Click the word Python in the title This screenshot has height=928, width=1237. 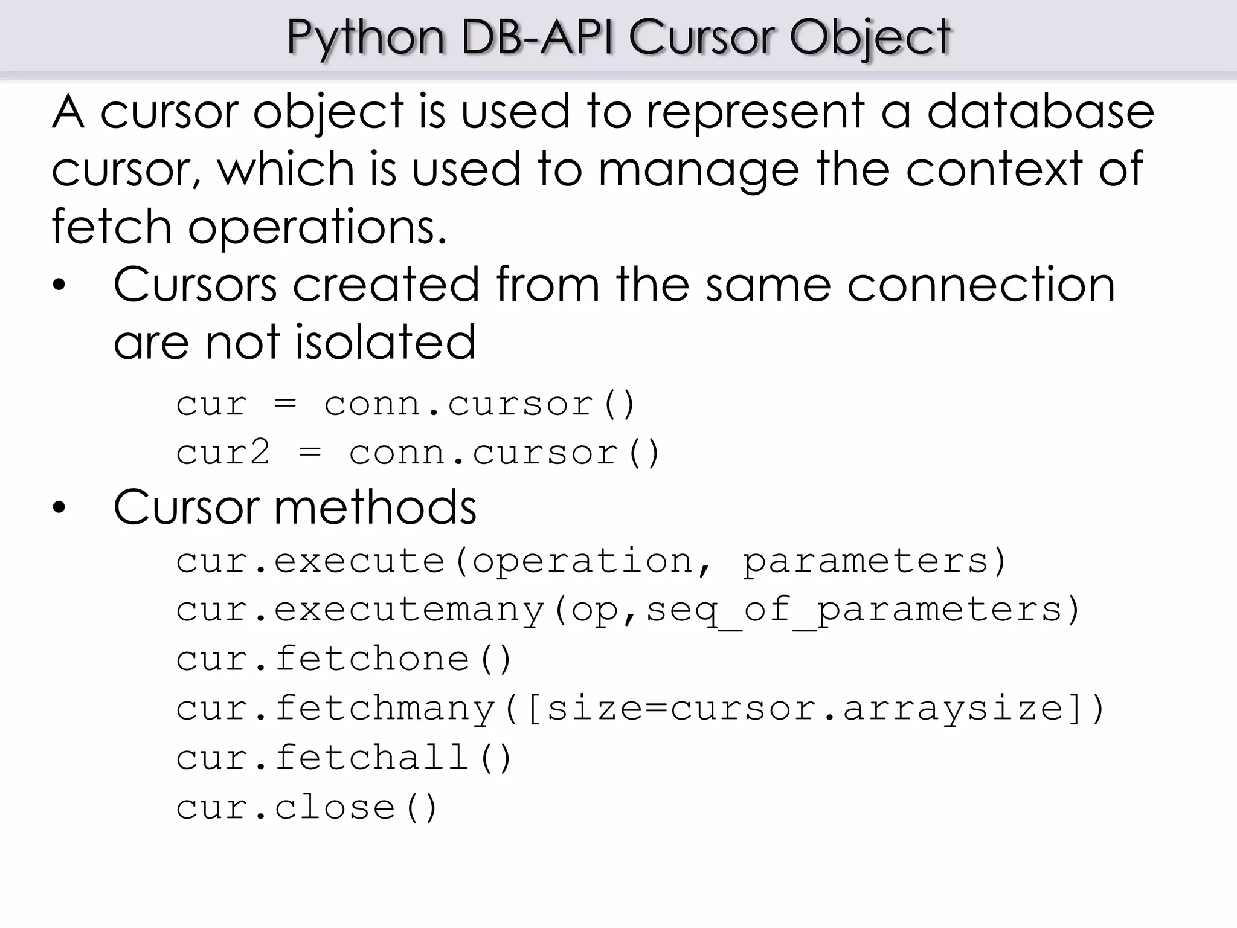point(365,37)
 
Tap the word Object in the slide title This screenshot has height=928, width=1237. point(870,37)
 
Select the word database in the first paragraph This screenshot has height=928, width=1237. point(1040,112)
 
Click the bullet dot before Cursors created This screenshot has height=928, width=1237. point(59,285)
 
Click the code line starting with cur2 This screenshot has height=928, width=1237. point(418,453)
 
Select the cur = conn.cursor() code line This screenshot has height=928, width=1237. point(405,404)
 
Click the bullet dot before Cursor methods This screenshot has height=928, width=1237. point(59,507)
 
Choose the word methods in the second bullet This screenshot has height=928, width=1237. point(375,507)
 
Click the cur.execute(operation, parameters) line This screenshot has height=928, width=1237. point(591,561)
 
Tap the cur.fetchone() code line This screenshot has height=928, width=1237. point(344,659)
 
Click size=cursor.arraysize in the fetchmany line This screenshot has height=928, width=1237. point(805,708)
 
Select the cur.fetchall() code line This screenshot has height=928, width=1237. point(344,758)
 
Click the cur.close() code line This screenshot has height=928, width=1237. point(306,807)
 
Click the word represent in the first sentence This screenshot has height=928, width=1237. point(756,112)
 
